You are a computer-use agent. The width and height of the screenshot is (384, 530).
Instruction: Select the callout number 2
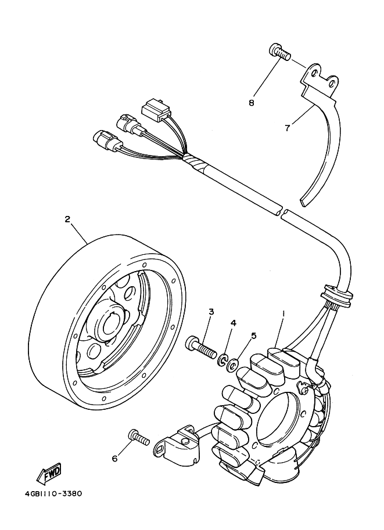tap(67, 219)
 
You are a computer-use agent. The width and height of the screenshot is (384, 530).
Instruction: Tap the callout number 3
tap(211, 312)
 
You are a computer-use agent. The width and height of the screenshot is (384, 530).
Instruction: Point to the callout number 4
tap(233, 323)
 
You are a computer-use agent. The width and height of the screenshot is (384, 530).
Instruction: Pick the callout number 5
tap(253, 336)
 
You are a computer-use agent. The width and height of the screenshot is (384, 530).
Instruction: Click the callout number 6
tap(114, 459)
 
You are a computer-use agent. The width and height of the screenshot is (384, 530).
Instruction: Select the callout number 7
tap(287, 128)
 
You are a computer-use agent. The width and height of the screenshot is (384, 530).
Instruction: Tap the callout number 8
tap(251, 102)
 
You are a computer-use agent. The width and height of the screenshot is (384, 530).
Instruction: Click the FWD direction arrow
tap(49, 471)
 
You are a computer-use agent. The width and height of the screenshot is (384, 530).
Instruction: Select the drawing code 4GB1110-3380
tap(53, 494)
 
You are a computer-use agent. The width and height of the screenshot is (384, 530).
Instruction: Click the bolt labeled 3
tap(200, 348)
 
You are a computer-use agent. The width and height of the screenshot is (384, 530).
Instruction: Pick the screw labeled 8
tap(279, 52)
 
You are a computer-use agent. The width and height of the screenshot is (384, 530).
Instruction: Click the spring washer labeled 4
tap(222, 360)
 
